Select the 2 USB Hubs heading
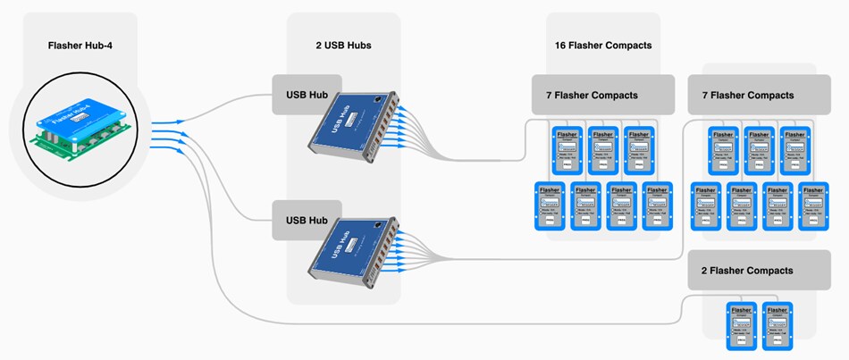[343, 46]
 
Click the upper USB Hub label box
[307, 95]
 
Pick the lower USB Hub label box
[307, 221]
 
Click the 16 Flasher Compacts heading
[603, 46]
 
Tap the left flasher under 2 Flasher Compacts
[740, 325]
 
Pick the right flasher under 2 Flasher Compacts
[776, 325]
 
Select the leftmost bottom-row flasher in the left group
[549, 205]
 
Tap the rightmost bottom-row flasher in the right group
[811, 205]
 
